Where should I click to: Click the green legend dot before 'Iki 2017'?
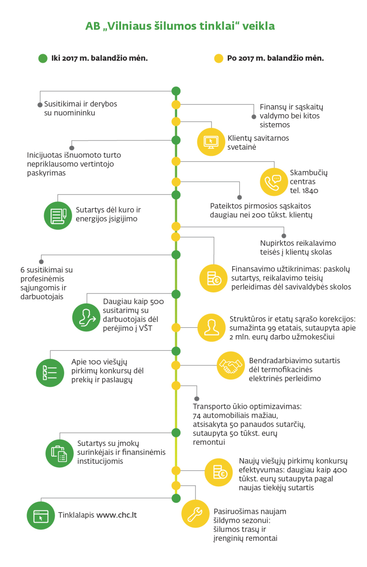pyautogui.click(x=43, y=58)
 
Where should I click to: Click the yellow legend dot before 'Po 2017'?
pyautogui.click(x=219, y=58)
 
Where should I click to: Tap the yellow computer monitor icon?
pyautogui.click(x=211, y=142)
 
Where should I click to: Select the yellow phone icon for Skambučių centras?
pyautogui.click(x=274, y=182)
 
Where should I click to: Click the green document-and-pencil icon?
pyautogui.click(x=58, y=216)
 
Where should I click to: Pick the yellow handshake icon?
pyautogui.click(x=231, y=365)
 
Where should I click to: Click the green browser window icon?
pyautogui.click(x=41, y=516)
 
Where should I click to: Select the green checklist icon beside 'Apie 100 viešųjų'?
pyautogui.click(x=50, y=373)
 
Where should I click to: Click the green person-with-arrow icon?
pyautogui.click(x=86, y=318)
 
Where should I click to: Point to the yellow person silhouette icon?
pyautogui.click(x=211, y=327)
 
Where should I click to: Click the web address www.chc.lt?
pyautogui.click(x=117, y=515)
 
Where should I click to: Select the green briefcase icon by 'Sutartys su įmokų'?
pyautogui.click(x=59, y=453)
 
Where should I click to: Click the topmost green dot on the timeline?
pyautogui.click(x=176, y=91)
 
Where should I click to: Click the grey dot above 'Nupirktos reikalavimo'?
pyautogui.click(x=284, y=236)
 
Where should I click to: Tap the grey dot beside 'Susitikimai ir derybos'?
pyautogui.click(x=40, y=105)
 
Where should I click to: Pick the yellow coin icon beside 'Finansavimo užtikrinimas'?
pyautogui.click(x=214, y=278)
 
